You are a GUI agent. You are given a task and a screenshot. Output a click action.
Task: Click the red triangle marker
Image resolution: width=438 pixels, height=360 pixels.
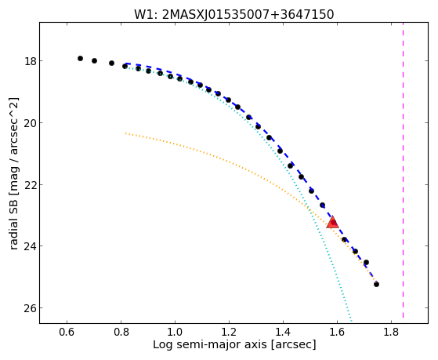pyautogui.click(x=332, y=222)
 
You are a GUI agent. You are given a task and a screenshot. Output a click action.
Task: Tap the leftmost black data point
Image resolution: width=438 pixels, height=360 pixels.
pyautogui.click(x=80, y=58)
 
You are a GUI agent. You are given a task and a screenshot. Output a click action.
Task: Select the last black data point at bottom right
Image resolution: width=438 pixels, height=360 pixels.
pyautogui.click(x=376, y=284)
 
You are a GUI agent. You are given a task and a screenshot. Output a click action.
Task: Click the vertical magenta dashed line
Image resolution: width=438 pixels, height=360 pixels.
pyautogui.click(x=403, y=170)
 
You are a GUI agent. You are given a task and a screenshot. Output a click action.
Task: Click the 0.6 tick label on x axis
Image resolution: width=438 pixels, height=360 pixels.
pyautogui.click(x=67, y=332)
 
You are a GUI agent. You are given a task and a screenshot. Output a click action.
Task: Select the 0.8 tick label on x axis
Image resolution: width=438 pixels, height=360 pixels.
pyautogui.click(x=121, y=332)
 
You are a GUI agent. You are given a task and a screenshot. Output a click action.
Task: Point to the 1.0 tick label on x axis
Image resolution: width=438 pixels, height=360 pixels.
pyautogui.click(x=175, y=332)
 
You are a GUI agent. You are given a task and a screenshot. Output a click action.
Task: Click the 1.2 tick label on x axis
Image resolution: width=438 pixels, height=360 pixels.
pyautogui.click(x=229, y=332)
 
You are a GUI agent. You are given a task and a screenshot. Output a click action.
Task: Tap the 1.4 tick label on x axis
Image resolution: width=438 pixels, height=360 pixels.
pyautogui.click(x=283, y=332)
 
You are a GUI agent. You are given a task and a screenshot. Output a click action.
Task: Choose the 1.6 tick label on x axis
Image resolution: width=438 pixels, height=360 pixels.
pyautogui.click(x=337, y=332)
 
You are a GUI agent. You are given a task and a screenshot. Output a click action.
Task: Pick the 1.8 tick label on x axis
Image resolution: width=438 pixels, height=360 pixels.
pyautogui.click(x=391, y=332)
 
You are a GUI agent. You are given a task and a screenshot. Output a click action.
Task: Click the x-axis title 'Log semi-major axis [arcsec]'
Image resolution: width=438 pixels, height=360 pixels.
pyautogui.click(x=234, y=345)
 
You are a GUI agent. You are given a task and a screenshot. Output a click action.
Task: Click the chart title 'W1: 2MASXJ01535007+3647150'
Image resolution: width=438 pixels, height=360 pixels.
pyautogui.click(x=234, y=15)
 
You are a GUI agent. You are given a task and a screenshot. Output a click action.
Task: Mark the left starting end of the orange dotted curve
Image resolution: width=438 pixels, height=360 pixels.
pyautogui.click(x=125, y=133)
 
